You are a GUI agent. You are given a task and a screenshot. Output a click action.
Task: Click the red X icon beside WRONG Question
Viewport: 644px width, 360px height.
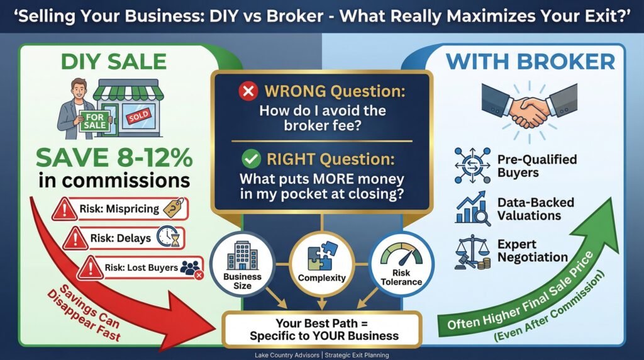coord(248,91)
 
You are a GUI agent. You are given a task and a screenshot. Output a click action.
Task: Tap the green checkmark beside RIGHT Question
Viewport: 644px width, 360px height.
coord(252,159)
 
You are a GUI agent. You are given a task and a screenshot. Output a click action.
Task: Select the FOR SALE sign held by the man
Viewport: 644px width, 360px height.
coord(94,121)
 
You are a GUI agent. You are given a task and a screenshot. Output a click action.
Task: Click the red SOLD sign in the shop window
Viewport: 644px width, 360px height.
coord(138,116)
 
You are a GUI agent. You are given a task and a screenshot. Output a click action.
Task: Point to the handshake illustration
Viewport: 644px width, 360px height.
coord(529,108)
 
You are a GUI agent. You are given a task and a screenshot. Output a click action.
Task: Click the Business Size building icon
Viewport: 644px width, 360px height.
coord(242,255)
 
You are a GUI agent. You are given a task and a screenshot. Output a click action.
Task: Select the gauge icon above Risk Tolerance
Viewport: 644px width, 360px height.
coord(401,255)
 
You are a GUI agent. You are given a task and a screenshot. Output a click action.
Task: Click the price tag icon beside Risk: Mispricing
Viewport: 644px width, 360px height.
coord(174,208)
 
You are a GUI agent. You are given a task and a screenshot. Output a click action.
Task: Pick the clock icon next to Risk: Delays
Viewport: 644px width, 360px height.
coord(169,237)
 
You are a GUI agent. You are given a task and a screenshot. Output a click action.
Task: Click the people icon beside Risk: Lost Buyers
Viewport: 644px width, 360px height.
coord(191,269)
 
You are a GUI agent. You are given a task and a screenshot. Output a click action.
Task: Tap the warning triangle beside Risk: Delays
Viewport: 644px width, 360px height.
coord(75,238)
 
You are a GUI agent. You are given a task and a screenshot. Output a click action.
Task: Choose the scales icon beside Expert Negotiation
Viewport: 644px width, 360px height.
coord(472,252)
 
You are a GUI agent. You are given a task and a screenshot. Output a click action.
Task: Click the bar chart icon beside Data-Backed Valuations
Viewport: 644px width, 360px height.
coord(472,208)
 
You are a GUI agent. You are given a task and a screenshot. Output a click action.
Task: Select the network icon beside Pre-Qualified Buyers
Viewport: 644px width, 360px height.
coord(472,165)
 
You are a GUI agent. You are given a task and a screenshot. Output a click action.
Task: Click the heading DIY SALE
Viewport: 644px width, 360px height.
coord(113,62)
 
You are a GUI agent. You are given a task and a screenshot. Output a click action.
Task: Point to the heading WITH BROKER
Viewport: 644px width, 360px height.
coord(530,62)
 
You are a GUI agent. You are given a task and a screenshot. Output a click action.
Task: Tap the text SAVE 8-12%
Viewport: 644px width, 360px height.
coord(114,157)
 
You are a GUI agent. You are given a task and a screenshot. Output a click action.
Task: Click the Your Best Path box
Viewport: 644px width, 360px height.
coord(323,330)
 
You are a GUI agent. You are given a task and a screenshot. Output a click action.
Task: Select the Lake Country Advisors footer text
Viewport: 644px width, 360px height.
coord(321,355)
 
